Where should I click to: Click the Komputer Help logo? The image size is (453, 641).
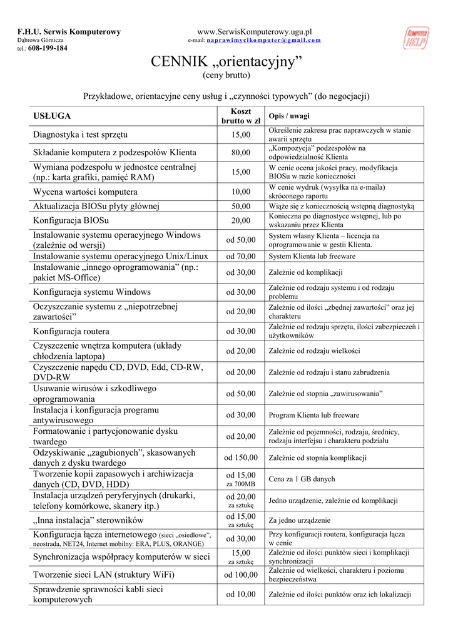(x=417, y=38)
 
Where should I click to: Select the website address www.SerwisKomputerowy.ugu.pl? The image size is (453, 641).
(x=255, y=31)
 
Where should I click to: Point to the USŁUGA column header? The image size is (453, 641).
(x=52, y=116)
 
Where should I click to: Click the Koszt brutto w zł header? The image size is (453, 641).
(x=240, y=116)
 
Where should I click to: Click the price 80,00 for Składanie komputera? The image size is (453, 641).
(x=240, y=152)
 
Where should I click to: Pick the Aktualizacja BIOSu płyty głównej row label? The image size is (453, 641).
(x=96, y=206)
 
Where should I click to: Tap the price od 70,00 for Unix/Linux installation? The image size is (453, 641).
(x=240, y=256)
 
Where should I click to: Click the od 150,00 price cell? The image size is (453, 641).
(x=240, y=458)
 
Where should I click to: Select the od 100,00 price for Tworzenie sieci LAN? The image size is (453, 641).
(x=240, y=575)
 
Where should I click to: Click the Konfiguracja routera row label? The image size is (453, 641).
(x=71, y=331)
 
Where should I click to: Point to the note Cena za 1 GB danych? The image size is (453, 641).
(x=302, y=479)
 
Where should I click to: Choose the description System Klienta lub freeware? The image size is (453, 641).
(x=312, y=256)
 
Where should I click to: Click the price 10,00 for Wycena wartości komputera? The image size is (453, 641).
(x=240, y=192)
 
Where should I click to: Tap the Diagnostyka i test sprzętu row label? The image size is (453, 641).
(x=80, y=135)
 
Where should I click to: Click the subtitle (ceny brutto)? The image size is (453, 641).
(x=227, y=76)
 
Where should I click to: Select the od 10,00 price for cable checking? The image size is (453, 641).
(x=240, y=594)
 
